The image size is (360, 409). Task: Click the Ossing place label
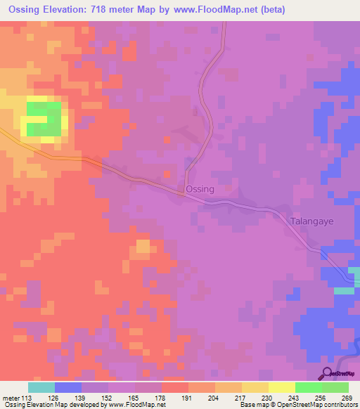(x=200, y=190)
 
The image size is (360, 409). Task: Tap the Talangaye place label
(x=311, y=221)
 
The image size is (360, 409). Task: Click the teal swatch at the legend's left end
(x=41, y=387)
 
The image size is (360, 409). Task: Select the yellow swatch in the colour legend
(x=281, y=387)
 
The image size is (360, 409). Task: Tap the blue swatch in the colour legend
(x=68, y=387)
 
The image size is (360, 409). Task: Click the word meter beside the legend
(x=11, y=397)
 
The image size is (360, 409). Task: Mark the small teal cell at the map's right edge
(x=344, y=290)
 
